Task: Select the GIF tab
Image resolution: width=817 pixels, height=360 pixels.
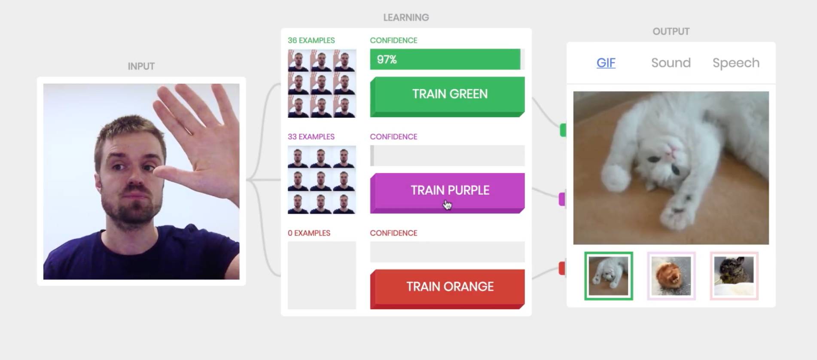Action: pos(606,63)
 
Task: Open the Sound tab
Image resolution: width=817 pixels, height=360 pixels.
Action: pos(671,63)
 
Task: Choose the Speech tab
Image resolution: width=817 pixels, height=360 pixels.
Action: pos(736,63)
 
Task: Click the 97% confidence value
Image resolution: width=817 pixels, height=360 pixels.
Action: pos(387,60)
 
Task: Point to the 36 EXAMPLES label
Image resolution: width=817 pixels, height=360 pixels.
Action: pos(311,40)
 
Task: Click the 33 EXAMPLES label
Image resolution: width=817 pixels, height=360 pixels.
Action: pos(311,137)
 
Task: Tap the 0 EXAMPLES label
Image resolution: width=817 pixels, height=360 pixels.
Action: pos(309,233)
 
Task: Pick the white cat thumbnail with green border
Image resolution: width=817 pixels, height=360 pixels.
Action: pos(608,276)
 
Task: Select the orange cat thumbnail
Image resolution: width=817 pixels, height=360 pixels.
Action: pos(671,276)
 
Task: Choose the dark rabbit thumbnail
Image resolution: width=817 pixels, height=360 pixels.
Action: pos(734,276)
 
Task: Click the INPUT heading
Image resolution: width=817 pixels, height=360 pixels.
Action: pos(141,66)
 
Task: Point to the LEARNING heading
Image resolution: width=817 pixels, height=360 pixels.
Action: pos(406,18)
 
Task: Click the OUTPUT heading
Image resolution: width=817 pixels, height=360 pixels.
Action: pos(671,31)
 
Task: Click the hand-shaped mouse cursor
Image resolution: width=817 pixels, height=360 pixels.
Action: pos(447,204)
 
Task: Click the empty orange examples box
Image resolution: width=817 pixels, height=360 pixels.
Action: pos(322,275)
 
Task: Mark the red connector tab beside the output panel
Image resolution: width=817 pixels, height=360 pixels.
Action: pos(562,268)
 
